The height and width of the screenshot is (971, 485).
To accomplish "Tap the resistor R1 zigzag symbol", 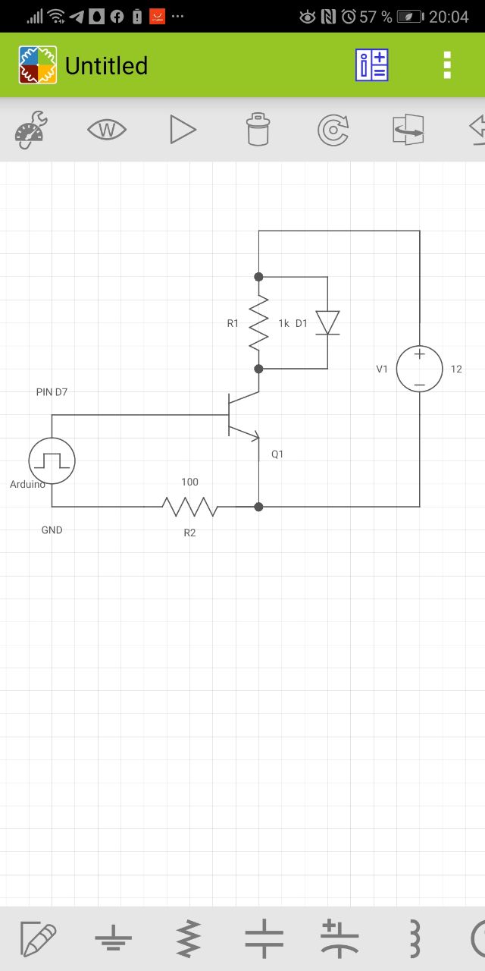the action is coord(258,322).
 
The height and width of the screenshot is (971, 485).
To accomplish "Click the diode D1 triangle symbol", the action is coord(327,322).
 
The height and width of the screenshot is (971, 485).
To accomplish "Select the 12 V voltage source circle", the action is coord(419,369).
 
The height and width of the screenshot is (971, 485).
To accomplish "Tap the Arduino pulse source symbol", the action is coord(52,460).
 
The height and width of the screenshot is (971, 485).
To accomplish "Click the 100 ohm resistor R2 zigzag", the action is coord(189,506).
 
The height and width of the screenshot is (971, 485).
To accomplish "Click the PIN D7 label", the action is coord(52,392).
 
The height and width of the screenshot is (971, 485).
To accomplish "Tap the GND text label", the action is coord(52,529).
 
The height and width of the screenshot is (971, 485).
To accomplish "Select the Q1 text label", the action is coord(277,454).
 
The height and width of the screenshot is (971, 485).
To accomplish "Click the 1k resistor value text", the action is coord(283,323).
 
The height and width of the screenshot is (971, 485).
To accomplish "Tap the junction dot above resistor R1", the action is coord(258,277).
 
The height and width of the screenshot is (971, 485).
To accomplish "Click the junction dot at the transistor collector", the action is coord(258,369).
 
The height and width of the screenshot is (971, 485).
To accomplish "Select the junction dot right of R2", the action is coord(258,507).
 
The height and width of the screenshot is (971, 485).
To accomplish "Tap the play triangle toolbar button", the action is coord(183,129).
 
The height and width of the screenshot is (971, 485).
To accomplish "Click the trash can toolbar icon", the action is coord(258,129).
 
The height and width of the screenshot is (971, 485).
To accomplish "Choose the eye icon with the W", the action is coord(107,130).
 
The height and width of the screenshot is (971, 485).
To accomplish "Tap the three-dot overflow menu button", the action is coord(447,65).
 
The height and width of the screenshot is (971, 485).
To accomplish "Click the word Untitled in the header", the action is coord(107,65).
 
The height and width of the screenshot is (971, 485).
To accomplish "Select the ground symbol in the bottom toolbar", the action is coord(113,938).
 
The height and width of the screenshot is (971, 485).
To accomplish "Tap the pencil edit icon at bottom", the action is coord(38,938).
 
